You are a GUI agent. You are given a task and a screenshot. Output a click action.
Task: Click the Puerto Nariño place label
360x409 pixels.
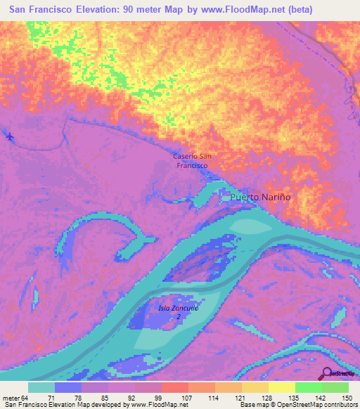[x=260, y=197]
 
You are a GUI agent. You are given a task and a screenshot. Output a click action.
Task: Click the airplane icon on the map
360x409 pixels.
[x=9, y=135]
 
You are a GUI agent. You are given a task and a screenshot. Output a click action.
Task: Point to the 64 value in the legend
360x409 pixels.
[x=27, y=398]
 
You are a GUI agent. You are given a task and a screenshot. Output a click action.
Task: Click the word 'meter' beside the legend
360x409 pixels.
[x=11, y=398]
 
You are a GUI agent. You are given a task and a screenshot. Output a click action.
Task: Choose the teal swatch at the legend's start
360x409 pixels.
[x=41, y=388]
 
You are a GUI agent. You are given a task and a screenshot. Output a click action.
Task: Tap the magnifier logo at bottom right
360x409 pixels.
[x=327, y=373]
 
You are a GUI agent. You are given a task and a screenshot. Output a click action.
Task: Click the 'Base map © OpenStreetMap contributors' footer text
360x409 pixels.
[x=297, y=405]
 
